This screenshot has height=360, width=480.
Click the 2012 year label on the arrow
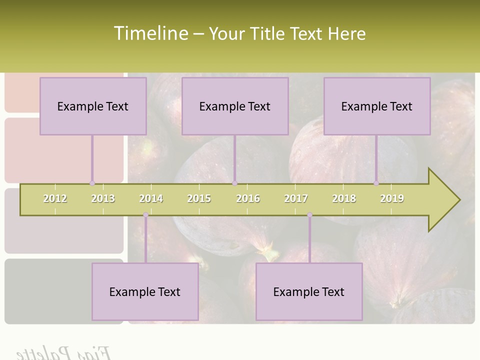coord(55,198)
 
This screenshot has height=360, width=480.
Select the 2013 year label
coord(103,198)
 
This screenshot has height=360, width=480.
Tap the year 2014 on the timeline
coord(151,198)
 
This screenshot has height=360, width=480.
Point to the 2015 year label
coord(199,198)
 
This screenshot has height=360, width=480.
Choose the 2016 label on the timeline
coord(248,198)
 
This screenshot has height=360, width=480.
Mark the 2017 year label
coord(296,198)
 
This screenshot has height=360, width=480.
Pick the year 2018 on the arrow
coord(344,198)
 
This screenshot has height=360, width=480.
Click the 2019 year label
coord(392,198)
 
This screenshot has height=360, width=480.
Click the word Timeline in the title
coord(150,33)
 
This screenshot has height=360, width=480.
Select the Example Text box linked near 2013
coord(93,106)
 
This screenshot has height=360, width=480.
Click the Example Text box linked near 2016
coord(235,106)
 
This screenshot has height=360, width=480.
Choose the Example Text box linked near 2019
coord(377,106)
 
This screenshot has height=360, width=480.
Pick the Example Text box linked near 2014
coord(145,291)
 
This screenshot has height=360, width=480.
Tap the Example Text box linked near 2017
coord(309,291)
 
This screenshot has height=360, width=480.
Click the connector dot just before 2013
coord(92,183)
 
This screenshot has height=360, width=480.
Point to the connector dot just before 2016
coord(234,183)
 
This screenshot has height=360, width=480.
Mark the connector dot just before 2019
coord(376,183)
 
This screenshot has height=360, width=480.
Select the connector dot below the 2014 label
coord(145,215)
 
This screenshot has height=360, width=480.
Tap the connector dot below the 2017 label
coord(309,215)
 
